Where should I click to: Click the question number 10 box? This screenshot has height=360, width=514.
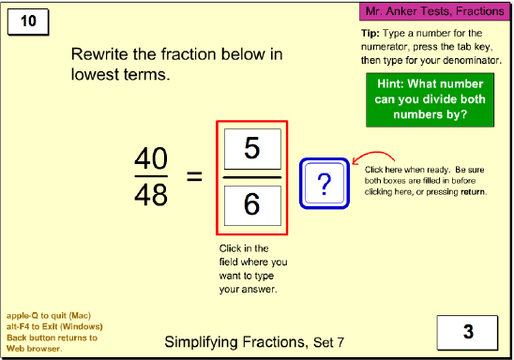(29, 22)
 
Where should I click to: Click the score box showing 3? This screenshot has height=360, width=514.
(466, 331)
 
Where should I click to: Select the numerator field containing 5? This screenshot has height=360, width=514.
(251, 148)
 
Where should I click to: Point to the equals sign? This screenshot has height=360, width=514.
(193, 175)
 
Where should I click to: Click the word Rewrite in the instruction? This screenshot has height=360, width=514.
(100, 54)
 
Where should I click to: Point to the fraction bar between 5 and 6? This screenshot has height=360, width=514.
(251, 177)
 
